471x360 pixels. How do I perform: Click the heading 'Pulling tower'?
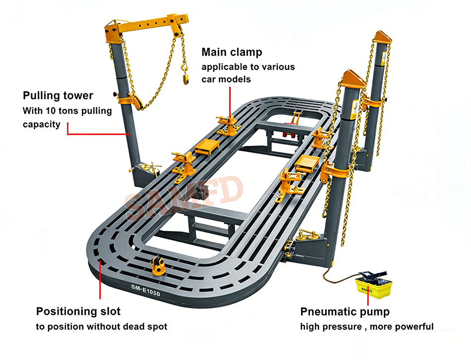coord(58,95)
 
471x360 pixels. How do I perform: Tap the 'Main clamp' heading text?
coord(232,52)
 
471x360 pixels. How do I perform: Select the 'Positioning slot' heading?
coord(78,311)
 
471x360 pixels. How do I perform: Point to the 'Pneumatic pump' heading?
coord(345,311)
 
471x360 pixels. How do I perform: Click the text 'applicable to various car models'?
coord(248,73)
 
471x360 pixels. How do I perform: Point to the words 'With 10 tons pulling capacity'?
coord(67,117)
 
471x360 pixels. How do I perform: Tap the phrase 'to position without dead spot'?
coord(102,326)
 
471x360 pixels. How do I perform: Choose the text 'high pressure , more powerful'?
coord(367,326)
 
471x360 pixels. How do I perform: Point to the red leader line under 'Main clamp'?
coord(230,99)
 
